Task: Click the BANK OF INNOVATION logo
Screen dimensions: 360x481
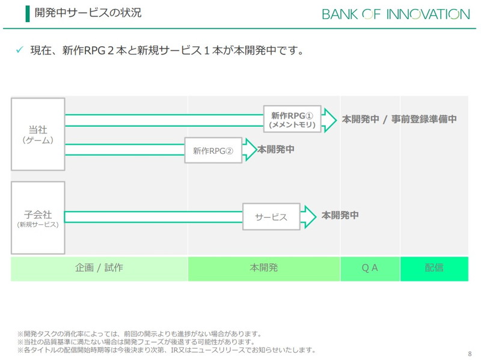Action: coord(396,14)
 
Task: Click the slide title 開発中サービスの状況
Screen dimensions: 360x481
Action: coord(88,13)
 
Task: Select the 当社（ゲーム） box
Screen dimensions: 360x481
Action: coord(38,134)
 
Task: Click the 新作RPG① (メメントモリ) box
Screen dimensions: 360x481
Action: coord(292,119)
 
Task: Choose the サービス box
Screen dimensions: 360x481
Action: coord(271,217)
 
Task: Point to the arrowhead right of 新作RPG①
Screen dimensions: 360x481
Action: coord(329,119)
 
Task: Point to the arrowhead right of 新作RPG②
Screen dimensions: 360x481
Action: coord(250,150)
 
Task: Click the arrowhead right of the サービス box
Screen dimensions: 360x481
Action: coord(308,217)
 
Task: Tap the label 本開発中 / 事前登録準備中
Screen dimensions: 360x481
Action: coord(399,119)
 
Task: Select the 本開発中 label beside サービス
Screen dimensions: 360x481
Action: coord(340,215)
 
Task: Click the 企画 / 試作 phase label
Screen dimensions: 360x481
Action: coord(99,268)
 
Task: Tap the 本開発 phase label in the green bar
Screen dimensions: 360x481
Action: coord(264,268)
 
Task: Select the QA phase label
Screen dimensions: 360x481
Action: coord(370,268)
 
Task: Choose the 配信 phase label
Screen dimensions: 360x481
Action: coord(434,268)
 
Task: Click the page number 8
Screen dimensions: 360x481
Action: coord(469,353)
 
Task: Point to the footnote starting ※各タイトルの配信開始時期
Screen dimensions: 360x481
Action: coord(167,350)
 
